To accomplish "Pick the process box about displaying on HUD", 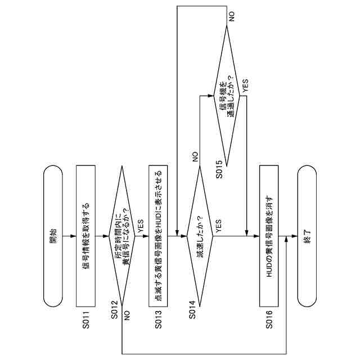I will (158, 236).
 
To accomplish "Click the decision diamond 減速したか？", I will (200, 236).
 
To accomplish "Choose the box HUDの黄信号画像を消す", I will (269, 236).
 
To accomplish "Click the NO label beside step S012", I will (127, 316).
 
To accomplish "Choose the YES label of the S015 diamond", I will (245, 86).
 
